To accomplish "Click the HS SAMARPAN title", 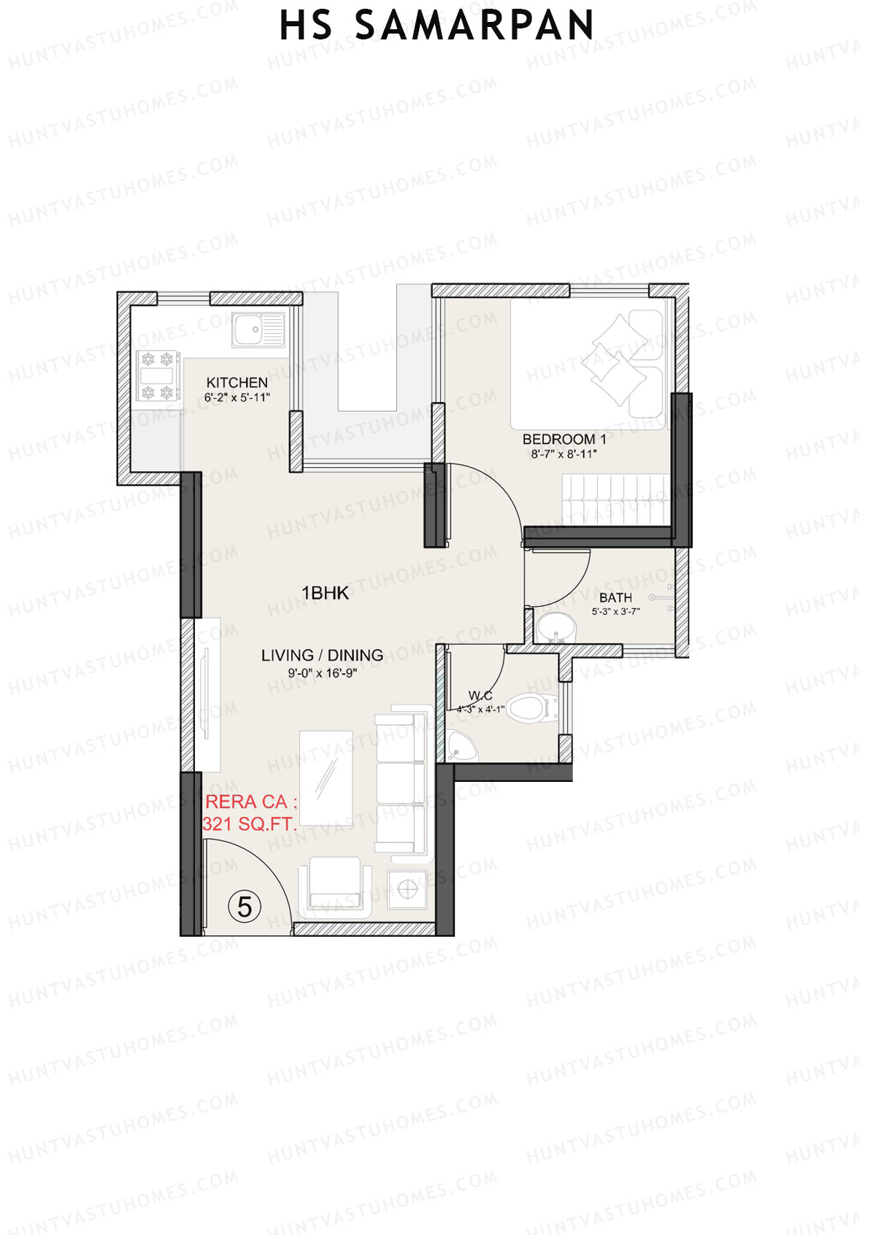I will [437, 26].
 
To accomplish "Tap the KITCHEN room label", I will [237, 383].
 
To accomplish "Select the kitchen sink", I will [258, 330].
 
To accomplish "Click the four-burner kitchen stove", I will [158, 376].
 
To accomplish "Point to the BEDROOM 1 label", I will [564, 440].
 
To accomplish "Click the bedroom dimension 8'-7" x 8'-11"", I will [564, 454].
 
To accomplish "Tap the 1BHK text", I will [326, 593].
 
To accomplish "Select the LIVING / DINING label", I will [322, 656].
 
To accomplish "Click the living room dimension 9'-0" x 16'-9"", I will [322, 673].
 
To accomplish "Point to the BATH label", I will [615, 598].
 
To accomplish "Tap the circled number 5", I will [245, 907].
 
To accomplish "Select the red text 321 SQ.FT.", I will [250, 824].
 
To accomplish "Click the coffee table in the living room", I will [326, 778].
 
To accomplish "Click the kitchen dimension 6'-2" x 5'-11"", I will [237, 398].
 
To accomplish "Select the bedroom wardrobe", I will [615, 499].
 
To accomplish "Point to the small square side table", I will [407, 889].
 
